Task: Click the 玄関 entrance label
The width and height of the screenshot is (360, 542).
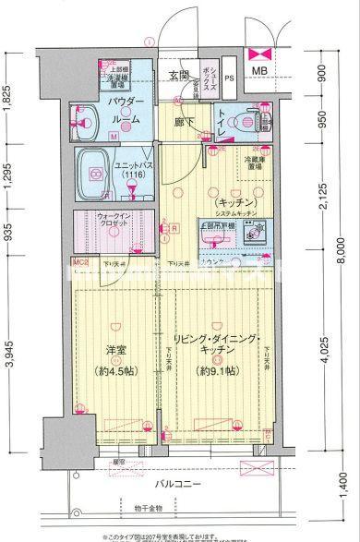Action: (178, 74)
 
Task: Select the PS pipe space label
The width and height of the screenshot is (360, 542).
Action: (229, 78)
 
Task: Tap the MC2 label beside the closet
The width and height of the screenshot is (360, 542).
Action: (80, 262)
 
